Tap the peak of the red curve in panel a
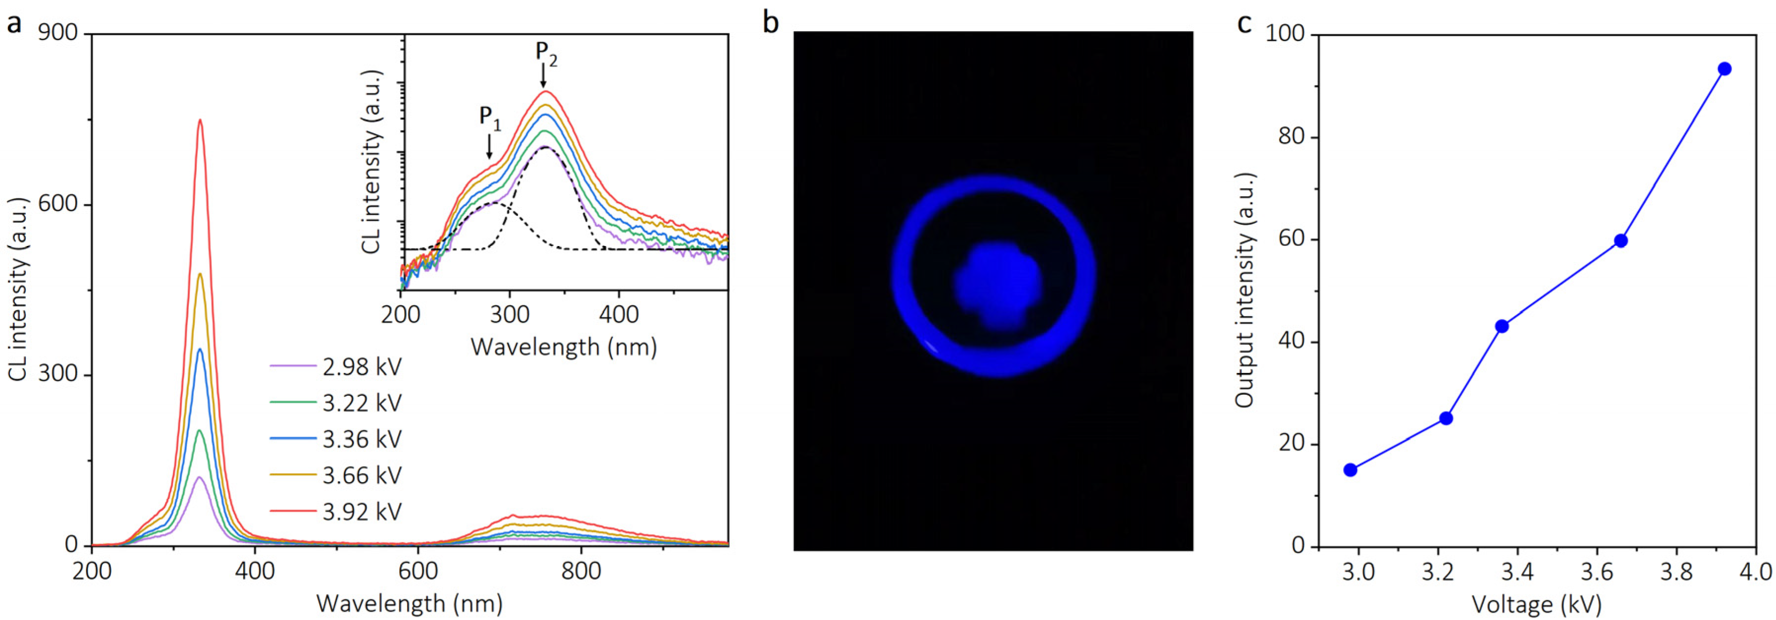pos(200,120)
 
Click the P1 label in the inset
pos(490,117)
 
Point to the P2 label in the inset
pos(546,52)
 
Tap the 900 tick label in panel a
pos(57,33)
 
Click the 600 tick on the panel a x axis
pos(418,572)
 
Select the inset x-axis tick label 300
pos(509,315)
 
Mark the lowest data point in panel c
pos(1350,470)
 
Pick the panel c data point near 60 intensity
pos(1621,241)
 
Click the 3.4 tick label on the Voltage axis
pos(1517,572)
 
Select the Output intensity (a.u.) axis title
pos(1244,289)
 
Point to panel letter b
pos(770,23)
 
